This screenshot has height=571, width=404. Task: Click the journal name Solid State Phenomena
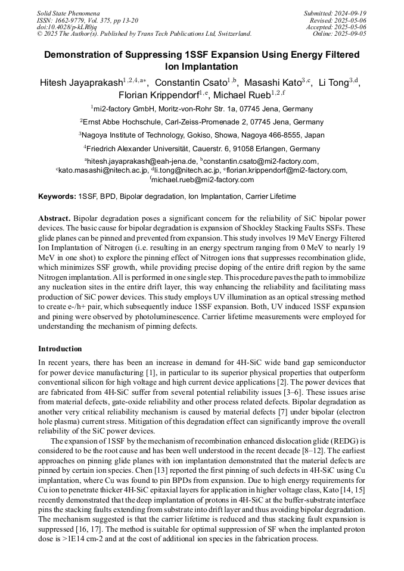pyautogui.click(x=68, y=13)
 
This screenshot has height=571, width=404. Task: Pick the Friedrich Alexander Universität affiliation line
pyautogui.click(x=201, y=149)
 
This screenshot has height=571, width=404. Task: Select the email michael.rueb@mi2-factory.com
pyautogui.click(x=203, y=179)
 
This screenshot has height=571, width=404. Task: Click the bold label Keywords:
pyautogui.click(x=57, y=196)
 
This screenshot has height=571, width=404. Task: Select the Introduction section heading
pyautogui.click(x=60, y=349)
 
